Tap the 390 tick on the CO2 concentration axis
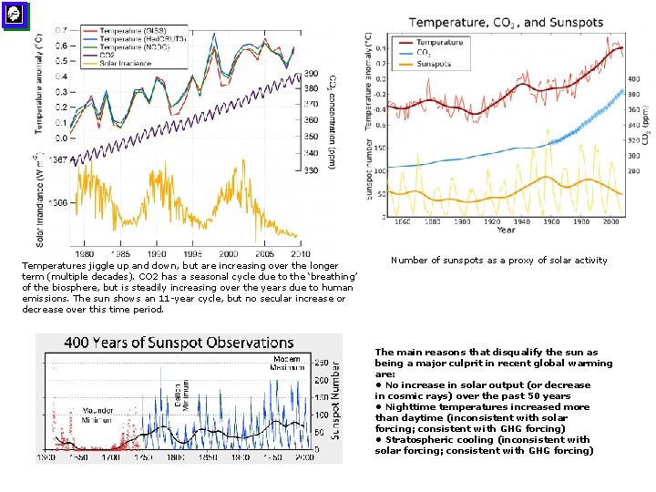pyautogui.click(x=311, y=74)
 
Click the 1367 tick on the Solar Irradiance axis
pyautogui.click(x=56, y=160)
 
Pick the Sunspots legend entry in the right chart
pyautogui.click(x=434, y=64)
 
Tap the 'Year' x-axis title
pyautogui.click(x=506, y=231)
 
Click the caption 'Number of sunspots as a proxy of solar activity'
pyautogui.click(x=498, y=261)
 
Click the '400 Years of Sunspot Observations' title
pyautogui.click(x=179, y=343)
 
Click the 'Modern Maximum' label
pyautogui.click(x=286, y=364)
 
